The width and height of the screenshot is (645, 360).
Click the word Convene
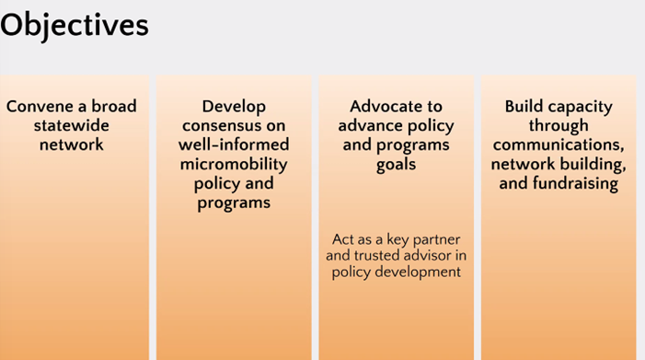click(40, 106)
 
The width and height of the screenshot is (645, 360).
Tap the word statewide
click(71, 125)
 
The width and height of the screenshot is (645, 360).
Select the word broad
click(113, 106)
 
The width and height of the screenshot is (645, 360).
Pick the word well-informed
click(234, 145)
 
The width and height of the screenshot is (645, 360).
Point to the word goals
click(397, 165)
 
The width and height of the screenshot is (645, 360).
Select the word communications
click(559, 145)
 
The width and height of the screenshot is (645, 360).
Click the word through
click(559, 125)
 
